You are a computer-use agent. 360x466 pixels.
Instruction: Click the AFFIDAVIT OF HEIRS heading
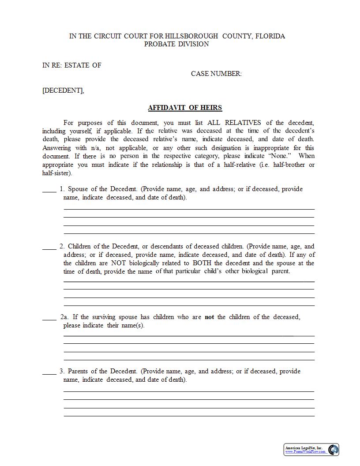click(x=185, y=108)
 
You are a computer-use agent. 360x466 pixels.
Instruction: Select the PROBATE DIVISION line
click(x=176, y=44)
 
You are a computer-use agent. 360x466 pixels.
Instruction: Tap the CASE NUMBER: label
click(x=216, y=74)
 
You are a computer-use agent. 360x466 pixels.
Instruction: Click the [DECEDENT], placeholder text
click(x=63, y=90)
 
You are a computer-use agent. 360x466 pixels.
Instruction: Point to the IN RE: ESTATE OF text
click(x=72, y=65)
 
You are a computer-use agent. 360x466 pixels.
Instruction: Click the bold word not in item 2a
click(x=209, y=317)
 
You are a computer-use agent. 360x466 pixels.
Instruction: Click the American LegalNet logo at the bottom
click(x=311, y=450)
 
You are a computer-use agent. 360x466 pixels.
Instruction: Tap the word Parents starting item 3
click(x=79, y=372)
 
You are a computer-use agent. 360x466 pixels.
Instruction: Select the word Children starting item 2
click(x=80, y=246)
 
